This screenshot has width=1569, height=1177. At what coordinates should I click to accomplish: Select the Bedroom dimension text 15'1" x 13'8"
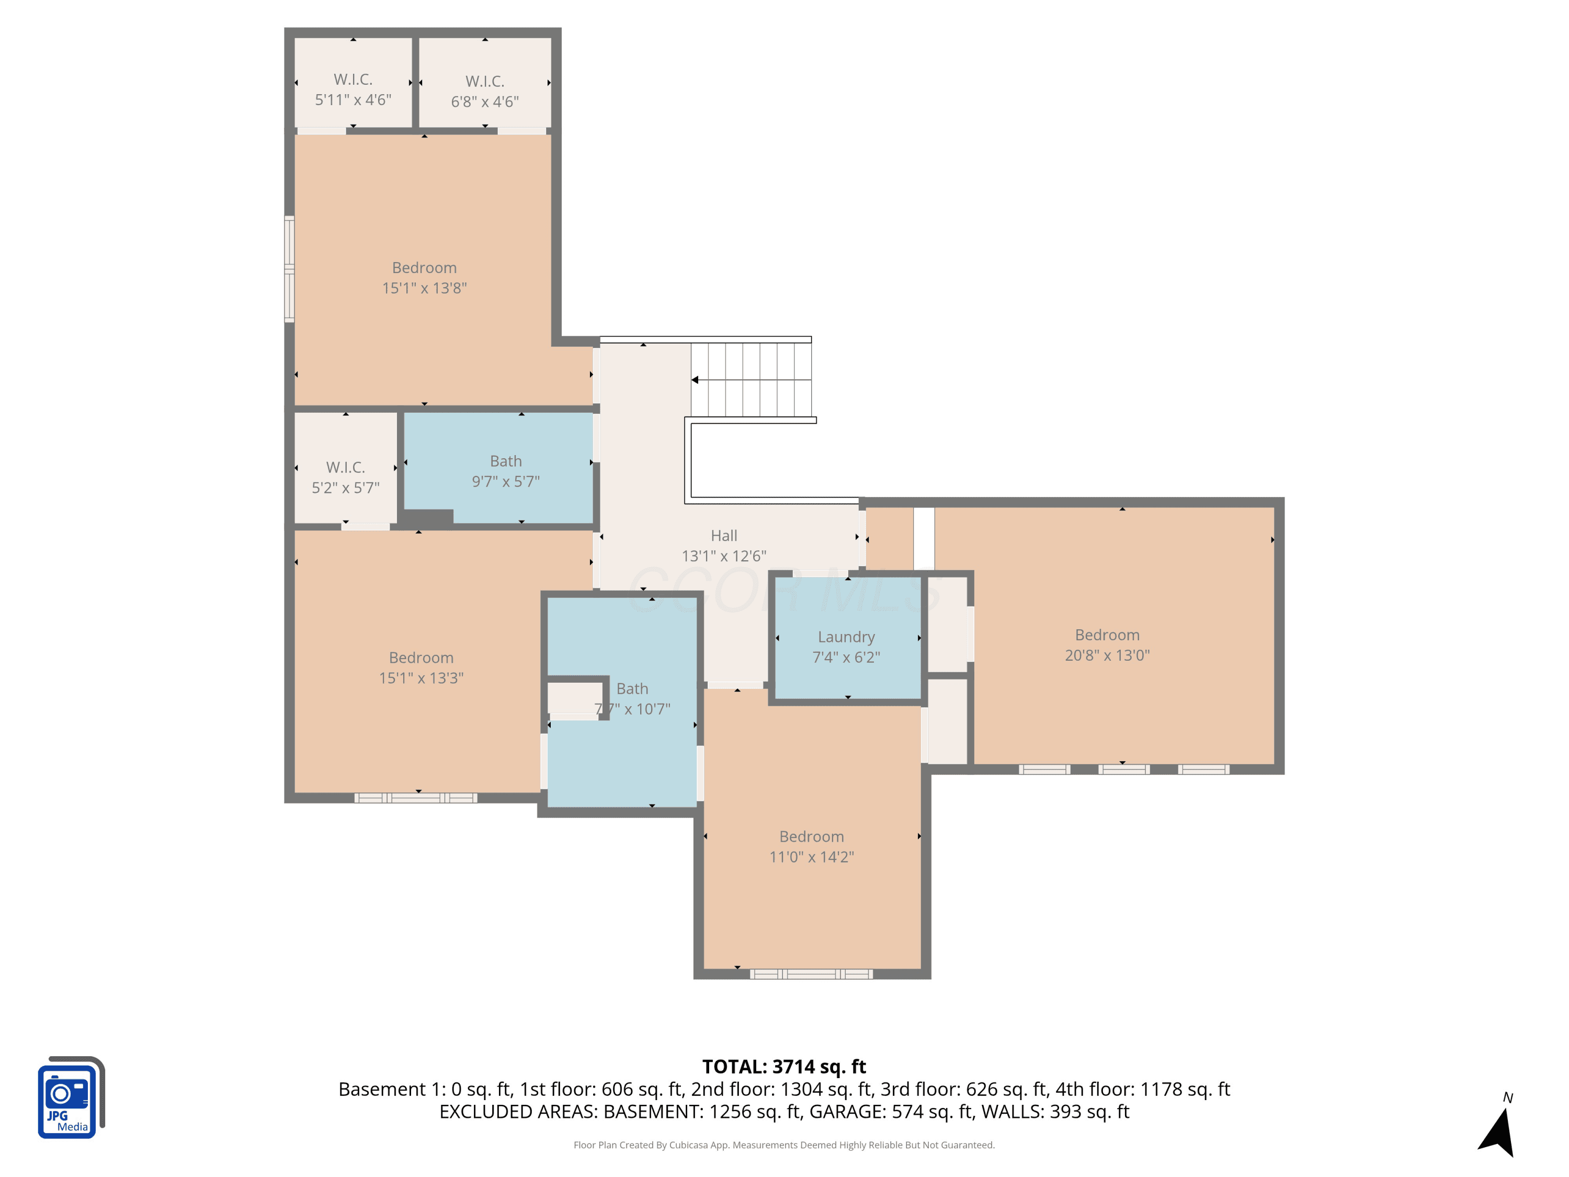click(424, 288)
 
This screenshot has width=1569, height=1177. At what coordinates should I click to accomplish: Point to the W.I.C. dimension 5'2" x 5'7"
click(345, 488)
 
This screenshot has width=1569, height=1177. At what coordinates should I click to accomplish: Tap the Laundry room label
click(846, 637)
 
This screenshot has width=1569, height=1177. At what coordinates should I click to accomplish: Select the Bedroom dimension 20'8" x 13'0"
click(1107, 655)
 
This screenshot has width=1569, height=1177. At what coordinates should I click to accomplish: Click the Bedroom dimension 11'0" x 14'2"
click(812, 857)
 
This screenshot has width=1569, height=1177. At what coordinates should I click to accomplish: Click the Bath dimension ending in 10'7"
click(632, 709)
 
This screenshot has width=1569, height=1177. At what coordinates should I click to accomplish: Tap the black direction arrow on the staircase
click(695, 380)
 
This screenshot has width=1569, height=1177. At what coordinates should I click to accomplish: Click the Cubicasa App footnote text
click(784, 1145)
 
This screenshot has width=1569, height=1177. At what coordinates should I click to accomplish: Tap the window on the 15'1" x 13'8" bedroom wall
click(289, 269)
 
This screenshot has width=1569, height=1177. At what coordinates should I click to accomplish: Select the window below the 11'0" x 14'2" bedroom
click(812, 974)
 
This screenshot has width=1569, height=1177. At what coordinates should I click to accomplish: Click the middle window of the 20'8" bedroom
click(1123, 769)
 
